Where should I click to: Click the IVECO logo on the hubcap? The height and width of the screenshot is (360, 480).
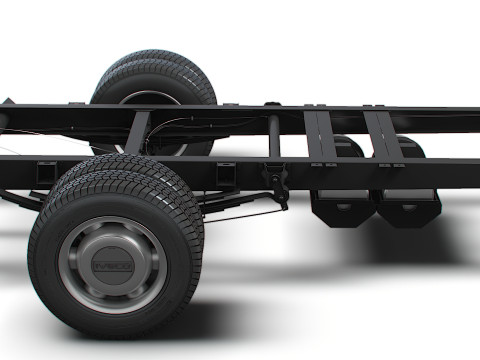point(110,267)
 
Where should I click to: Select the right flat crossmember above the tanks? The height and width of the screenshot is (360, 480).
point(380,140)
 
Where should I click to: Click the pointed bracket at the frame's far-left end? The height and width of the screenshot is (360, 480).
point(8,103)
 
